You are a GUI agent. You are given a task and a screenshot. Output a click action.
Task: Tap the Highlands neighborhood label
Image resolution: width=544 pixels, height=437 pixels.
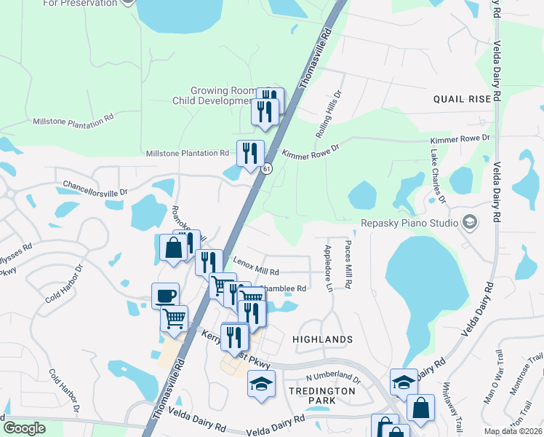coord(322,339)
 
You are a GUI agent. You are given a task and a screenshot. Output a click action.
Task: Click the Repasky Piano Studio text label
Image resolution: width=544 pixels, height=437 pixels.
coord(409,223)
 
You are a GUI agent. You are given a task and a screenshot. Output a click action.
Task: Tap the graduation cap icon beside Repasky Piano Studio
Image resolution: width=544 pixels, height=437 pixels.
coord(470,222)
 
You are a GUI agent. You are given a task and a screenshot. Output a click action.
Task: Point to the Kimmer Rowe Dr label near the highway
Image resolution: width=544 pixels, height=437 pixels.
coord(311,154)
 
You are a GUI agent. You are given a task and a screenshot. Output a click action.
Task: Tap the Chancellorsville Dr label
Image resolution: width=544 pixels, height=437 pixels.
coord(95,188)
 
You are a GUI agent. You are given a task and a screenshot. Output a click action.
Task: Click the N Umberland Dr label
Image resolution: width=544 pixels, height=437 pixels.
coord(333,378)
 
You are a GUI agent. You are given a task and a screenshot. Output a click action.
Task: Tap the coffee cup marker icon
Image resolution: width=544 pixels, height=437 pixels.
coord(166,296)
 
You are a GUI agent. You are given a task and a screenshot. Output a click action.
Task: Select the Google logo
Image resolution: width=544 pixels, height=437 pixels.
coord(24,428)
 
